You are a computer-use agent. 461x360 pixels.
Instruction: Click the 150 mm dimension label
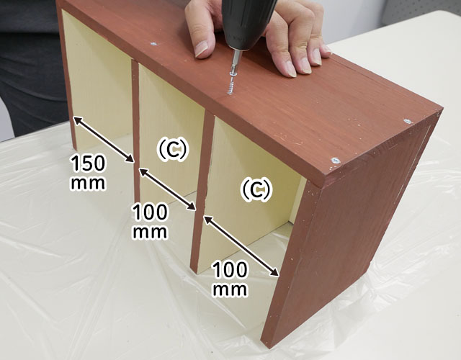coord(88,173)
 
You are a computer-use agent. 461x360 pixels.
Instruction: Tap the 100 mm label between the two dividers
coord(151,221)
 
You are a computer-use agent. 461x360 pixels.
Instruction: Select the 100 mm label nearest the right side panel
coord(230,279)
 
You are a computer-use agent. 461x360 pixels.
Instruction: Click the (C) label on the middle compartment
coord(172,149)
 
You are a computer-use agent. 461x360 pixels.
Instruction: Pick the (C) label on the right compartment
coord(255,189)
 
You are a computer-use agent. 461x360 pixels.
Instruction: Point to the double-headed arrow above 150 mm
coord(104,139)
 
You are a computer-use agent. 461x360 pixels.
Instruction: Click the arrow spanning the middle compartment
coord(167,189)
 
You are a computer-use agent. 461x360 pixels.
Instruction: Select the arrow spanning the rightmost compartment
coord(241,246)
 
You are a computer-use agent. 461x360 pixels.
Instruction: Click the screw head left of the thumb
coord(153,44)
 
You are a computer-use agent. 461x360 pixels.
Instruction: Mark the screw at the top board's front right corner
coord(336,161)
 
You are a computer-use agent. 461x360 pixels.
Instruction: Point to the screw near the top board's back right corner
coord(408,121)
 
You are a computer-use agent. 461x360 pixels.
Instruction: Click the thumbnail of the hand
coord(201,48)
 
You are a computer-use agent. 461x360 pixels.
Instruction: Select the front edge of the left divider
coord(135,130)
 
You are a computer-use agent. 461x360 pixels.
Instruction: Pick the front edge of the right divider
coord(202,191)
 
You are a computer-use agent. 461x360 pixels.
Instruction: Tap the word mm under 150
coord(88,184)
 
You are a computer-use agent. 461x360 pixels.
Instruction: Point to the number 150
coord(88,163)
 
